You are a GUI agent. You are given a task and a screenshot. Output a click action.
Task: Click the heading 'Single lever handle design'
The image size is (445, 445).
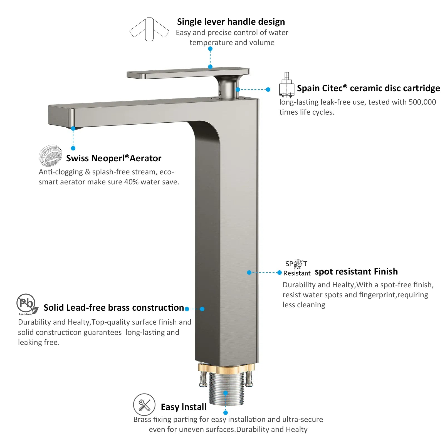tap(231, 22)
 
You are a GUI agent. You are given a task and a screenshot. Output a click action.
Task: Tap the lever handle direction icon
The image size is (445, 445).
tap(149, 29)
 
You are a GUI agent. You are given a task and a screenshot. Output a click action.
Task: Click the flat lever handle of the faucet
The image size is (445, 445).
tap(188, 73)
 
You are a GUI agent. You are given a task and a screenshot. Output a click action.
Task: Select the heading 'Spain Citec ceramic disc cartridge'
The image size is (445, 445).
tap(368, 88)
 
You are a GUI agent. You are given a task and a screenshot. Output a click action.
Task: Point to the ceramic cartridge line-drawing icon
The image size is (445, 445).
tap(286, 85)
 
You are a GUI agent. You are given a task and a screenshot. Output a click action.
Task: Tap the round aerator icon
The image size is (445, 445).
tap(50, 155)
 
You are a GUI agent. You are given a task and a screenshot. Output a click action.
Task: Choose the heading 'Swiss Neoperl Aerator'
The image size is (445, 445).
tap(113, 158)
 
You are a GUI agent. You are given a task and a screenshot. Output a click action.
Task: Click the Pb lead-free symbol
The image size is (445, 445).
tap(27, 304)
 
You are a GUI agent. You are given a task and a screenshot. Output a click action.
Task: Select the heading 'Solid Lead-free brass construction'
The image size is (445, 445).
tap(114, 308)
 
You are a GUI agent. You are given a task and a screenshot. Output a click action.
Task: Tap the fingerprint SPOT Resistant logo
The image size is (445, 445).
tap(297, 268)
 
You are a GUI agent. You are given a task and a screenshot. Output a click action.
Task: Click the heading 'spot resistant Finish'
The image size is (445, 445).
tap(356, 271)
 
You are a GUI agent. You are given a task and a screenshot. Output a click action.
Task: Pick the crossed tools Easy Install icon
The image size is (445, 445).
tap(144, 405)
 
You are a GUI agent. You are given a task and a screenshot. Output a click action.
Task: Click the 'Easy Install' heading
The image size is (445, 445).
tap(184, 407)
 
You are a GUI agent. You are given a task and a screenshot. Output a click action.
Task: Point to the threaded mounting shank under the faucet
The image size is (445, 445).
tap(226, 389)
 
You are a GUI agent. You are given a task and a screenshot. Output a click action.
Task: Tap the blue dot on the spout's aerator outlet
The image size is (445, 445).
tap(73, 128)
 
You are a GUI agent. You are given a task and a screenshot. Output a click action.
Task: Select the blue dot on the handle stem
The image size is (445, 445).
tap(238, 90)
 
